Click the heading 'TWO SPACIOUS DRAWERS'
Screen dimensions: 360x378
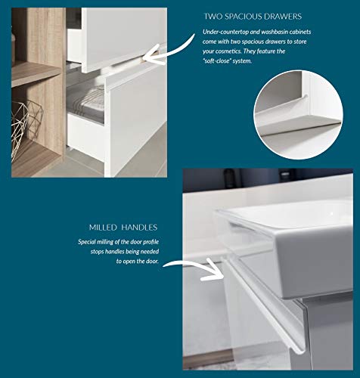[253, 17]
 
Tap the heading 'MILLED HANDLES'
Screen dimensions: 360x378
[123, 228]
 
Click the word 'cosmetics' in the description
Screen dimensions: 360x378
[226, 51]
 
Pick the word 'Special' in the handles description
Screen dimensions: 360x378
[87, 242]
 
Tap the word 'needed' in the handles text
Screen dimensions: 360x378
[150, 252]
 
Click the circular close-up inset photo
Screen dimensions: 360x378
[298, 115]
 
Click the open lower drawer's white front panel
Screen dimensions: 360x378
[136, 123]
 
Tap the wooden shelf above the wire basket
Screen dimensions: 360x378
[36, 73]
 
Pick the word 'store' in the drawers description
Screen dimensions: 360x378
[300, 42]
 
